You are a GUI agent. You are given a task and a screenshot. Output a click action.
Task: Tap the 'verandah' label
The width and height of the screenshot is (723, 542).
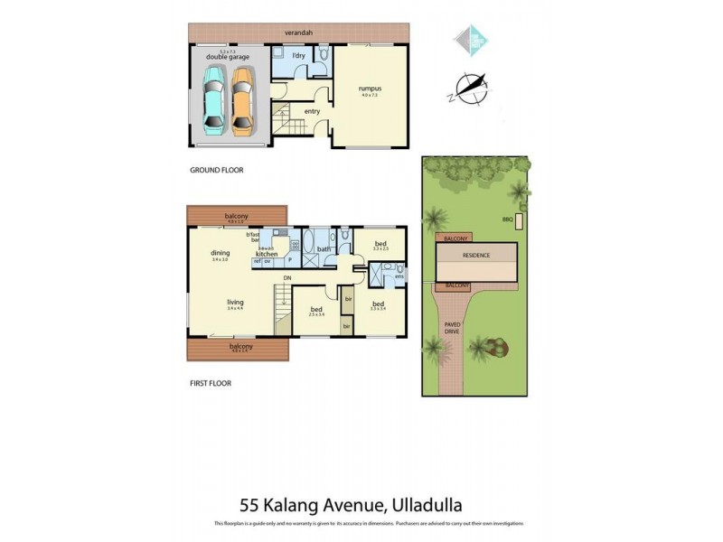coord(297,32)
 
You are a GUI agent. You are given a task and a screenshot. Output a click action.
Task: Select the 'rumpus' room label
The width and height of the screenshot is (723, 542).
coord(368,88)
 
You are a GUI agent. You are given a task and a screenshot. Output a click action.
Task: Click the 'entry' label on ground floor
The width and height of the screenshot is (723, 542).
coord(312,112)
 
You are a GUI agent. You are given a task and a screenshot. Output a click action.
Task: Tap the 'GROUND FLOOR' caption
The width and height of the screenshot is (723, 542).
coord(216,170)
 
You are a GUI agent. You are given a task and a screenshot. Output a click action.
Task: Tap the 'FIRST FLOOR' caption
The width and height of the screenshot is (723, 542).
coord(210,383)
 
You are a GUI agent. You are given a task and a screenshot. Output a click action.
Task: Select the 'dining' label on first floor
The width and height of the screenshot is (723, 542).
coord(220,253)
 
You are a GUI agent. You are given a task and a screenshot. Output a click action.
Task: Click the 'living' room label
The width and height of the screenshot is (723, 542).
coord(235,303)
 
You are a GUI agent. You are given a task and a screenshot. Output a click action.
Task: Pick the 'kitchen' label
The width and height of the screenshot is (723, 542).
coord(267,255)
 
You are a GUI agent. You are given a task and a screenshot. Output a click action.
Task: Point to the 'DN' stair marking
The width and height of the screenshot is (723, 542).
coord(286,277)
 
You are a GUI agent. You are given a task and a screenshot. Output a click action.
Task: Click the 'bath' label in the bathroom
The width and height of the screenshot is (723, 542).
coord(323,250)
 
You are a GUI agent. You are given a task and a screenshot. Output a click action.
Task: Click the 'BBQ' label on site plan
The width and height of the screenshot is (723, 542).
coord(507,219)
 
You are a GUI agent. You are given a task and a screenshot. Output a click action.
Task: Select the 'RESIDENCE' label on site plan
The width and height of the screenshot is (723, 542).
coord(476,256)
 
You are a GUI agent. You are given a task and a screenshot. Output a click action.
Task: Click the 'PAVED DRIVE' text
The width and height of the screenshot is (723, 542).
coord(451,327)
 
